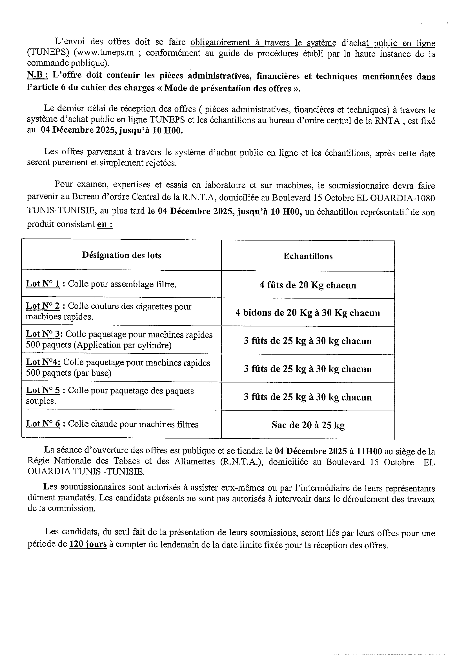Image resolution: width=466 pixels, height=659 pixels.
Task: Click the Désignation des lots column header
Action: click(x=121, y=255)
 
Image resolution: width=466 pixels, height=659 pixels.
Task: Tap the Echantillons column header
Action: click(x=308, y=256)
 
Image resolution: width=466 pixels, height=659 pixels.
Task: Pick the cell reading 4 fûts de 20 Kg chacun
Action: click(x=308, y=285)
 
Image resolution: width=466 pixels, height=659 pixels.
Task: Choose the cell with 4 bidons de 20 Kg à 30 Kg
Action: click(x=308, y=313)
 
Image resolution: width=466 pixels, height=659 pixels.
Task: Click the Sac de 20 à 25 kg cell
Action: click(x=308, y=425)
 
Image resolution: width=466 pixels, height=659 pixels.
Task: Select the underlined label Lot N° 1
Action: click(x=43, y=284)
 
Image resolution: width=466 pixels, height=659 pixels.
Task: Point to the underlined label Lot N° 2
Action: click(x=43, y=306)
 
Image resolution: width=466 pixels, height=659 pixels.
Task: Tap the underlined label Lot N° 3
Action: click(x=45, y=334)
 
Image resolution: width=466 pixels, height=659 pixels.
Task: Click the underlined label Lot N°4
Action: click(x=43, y=362)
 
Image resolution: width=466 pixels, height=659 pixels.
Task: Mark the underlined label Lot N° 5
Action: click(x=43, y=390)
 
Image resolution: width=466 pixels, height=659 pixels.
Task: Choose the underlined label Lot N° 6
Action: click(x=43, y=424)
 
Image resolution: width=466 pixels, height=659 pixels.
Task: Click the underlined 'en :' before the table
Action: click(x=105, y=224)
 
